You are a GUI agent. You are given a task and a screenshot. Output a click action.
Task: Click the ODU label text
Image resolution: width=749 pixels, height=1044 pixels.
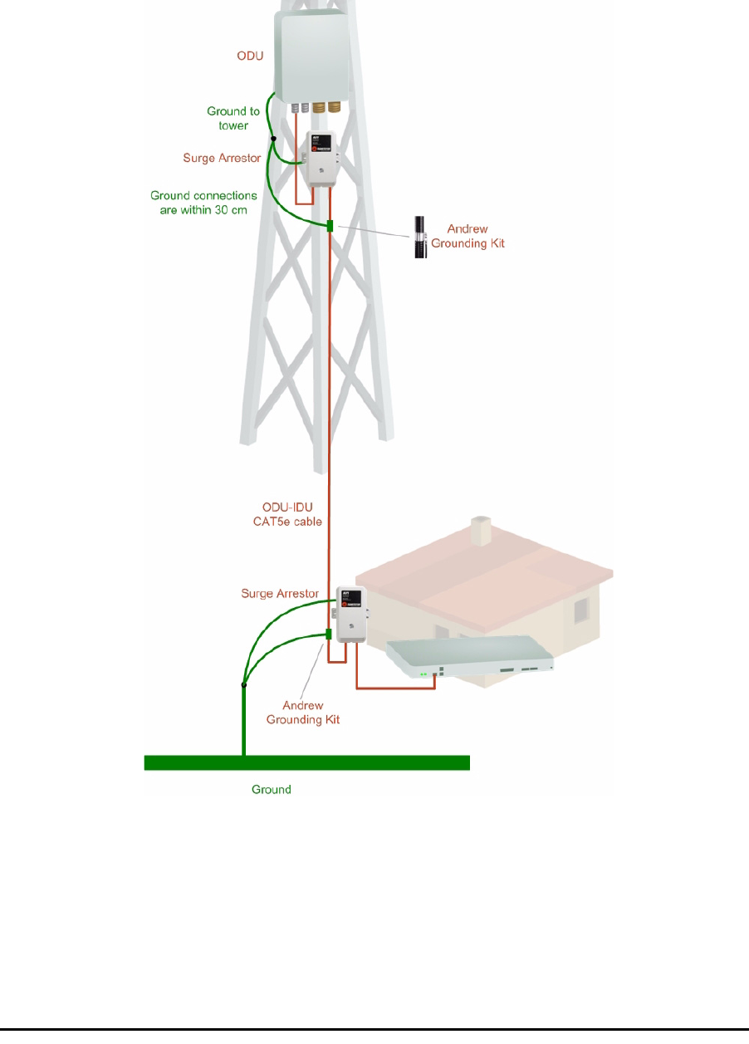[248, 56]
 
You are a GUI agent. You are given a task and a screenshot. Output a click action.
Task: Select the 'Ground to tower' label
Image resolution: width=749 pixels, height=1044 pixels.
[233, 118]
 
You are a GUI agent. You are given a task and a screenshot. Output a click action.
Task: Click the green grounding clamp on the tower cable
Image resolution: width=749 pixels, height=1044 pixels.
[330, 226]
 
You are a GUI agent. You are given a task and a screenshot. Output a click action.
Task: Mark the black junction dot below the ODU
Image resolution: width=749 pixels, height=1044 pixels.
[273, 139]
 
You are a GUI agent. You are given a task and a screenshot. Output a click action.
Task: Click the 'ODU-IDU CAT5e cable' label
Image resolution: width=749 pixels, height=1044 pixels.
[286, 514]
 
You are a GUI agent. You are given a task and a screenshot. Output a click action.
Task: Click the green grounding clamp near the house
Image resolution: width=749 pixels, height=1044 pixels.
[329, 635]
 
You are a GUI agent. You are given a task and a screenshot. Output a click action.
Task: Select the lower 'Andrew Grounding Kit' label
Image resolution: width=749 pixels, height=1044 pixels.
[302, 712]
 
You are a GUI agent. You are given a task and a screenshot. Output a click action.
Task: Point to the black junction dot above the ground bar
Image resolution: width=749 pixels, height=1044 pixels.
[243, 685]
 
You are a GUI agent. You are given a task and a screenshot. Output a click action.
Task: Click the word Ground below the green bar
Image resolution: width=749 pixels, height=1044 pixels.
[272, 789]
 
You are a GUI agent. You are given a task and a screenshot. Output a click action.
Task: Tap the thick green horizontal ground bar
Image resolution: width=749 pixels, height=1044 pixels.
[307, 762]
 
